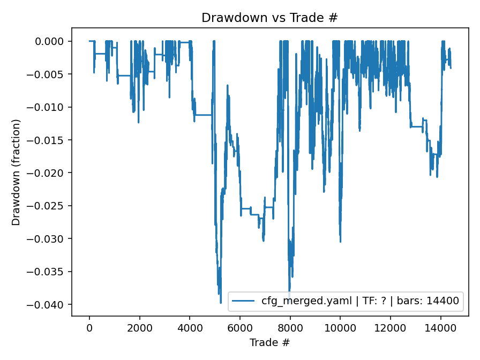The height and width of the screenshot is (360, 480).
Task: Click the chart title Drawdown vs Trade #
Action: point(269,18)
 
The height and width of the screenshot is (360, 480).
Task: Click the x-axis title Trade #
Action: point(269,342)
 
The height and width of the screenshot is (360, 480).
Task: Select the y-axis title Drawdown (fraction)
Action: point(16,172)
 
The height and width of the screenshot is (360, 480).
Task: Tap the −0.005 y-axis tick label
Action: point(49,74)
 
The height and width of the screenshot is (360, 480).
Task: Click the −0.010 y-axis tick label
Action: point(49,107)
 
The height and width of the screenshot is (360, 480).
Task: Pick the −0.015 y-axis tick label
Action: point(49,140)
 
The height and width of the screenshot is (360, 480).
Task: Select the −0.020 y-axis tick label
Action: point(49,173)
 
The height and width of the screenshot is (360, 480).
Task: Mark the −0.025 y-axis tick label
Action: point(49,206)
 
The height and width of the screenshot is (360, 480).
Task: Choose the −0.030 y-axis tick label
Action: point(49,239)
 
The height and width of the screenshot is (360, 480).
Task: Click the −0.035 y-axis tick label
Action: point(49,272)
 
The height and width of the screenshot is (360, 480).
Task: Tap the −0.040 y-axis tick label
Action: point(49,305)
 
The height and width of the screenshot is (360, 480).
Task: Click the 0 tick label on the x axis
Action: point(89,328)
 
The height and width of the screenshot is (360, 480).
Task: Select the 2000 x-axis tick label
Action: point(139,328)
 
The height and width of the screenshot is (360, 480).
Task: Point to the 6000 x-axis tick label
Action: point(240,328)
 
